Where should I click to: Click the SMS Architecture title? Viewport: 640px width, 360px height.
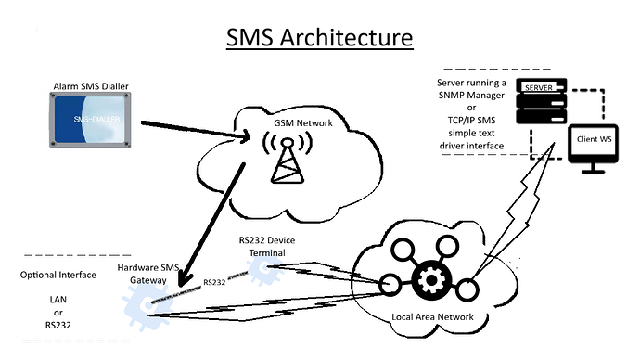320,39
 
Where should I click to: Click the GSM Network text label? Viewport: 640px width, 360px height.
299,122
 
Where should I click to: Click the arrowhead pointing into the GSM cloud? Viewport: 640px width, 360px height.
248,140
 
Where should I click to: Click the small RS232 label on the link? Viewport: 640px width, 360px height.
214,279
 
